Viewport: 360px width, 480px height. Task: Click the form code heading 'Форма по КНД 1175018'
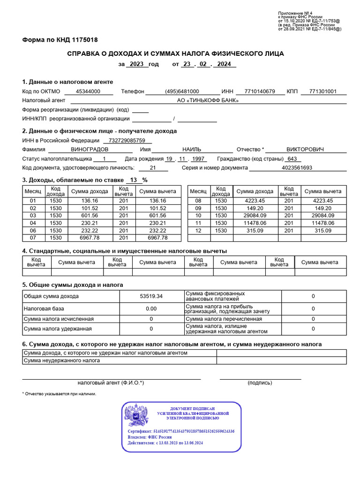[60, 40]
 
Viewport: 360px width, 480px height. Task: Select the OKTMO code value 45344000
[88, 91]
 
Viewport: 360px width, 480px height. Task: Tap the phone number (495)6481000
[182, 91]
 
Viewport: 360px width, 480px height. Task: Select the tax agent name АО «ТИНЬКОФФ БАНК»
[208, 100]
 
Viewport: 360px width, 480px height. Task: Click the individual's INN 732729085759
[127, 140]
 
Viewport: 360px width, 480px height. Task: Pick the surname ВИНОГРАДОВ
[89, 150]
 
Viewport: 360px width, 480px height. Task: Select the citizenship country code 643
[292, 158]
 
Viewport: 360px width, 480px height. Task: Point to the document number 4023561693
[297, 167]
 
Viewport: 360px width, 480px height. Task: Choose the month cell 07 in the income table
[33, 238]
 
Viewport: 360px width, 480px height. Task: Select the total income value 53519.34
[151, 296]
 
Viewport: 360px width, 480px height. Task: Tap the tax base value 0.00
[151, 309]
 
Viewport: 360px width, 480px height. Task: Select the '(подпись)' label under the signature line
[260, 383]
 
